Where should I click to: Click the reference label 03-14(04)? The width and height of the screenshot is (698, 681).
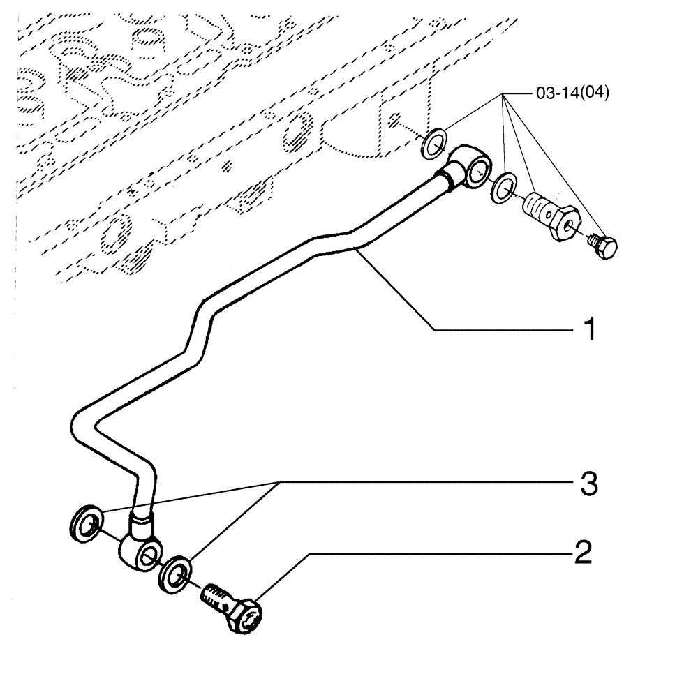click(572, 94)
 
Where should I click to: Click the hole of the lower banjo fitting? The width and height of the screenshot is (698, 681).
click(149, 556)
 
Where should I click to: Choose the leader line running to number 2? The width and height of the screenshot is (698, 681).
click(419, 553)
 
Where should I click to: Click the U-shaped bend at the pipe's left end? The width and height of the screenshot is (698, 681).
click(79, 426)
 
